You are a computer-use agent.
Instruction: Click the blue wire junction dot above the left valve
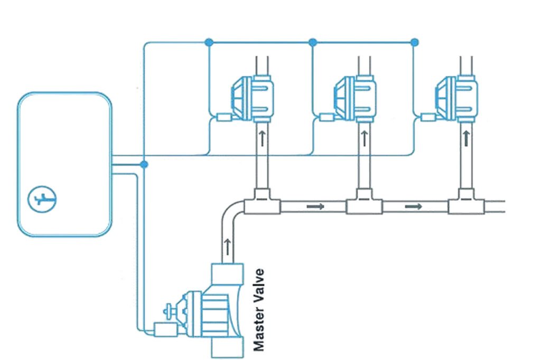(209, 41)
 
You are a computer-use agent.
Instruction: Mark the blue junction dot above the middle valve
(312, 41)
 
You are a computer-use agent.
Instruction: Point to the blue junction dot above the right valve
(415, 41)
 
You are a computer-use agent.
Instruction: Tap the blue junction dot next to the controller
(144, 165)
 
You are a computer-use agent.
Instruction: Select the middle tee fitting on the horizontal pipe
(364, 203)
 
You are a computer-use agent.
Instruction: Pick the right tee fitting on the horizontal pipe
(466, 203)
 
